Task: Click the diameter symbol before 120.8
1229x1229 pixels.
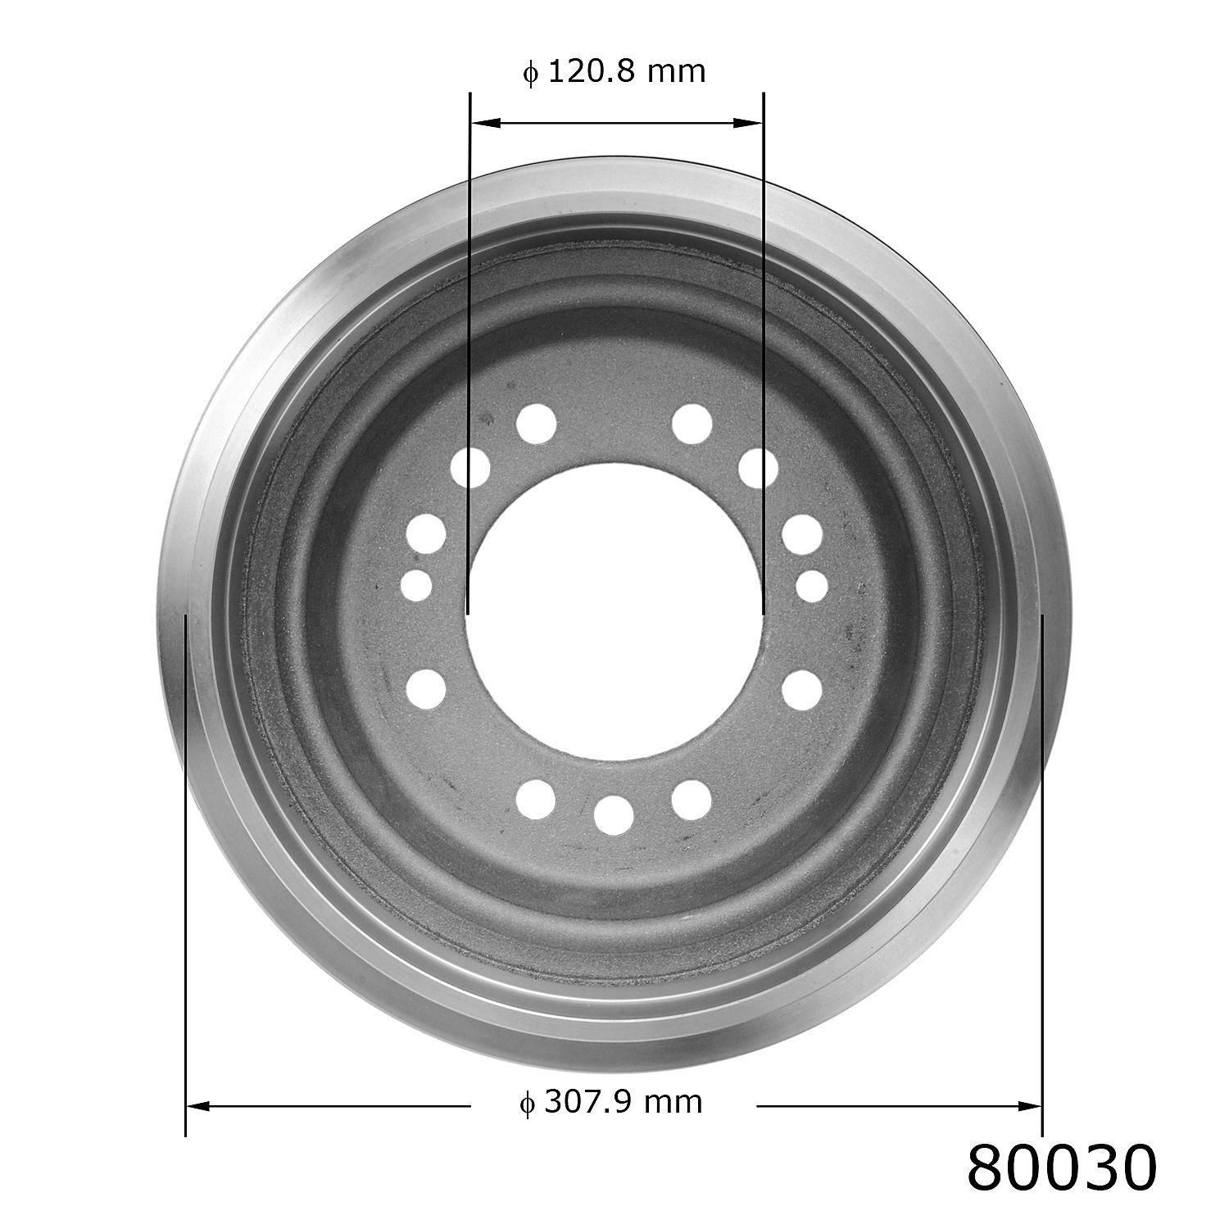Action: coord(531,74)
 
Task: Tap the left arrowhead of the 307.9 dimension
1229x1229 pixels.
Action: coord(201,1106)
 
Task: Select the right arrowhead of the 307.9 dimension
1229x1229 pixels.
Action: coord(1028,1106)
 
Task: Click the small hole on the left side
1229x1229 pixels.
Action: coord(417,585)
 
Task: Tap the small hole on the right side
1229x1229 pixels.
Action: coord(812,585)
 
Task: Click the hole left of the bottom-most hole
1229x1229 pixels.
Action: coord(537,798)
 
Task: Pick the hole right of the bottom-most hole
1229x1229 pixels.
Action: coord(692,798)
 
